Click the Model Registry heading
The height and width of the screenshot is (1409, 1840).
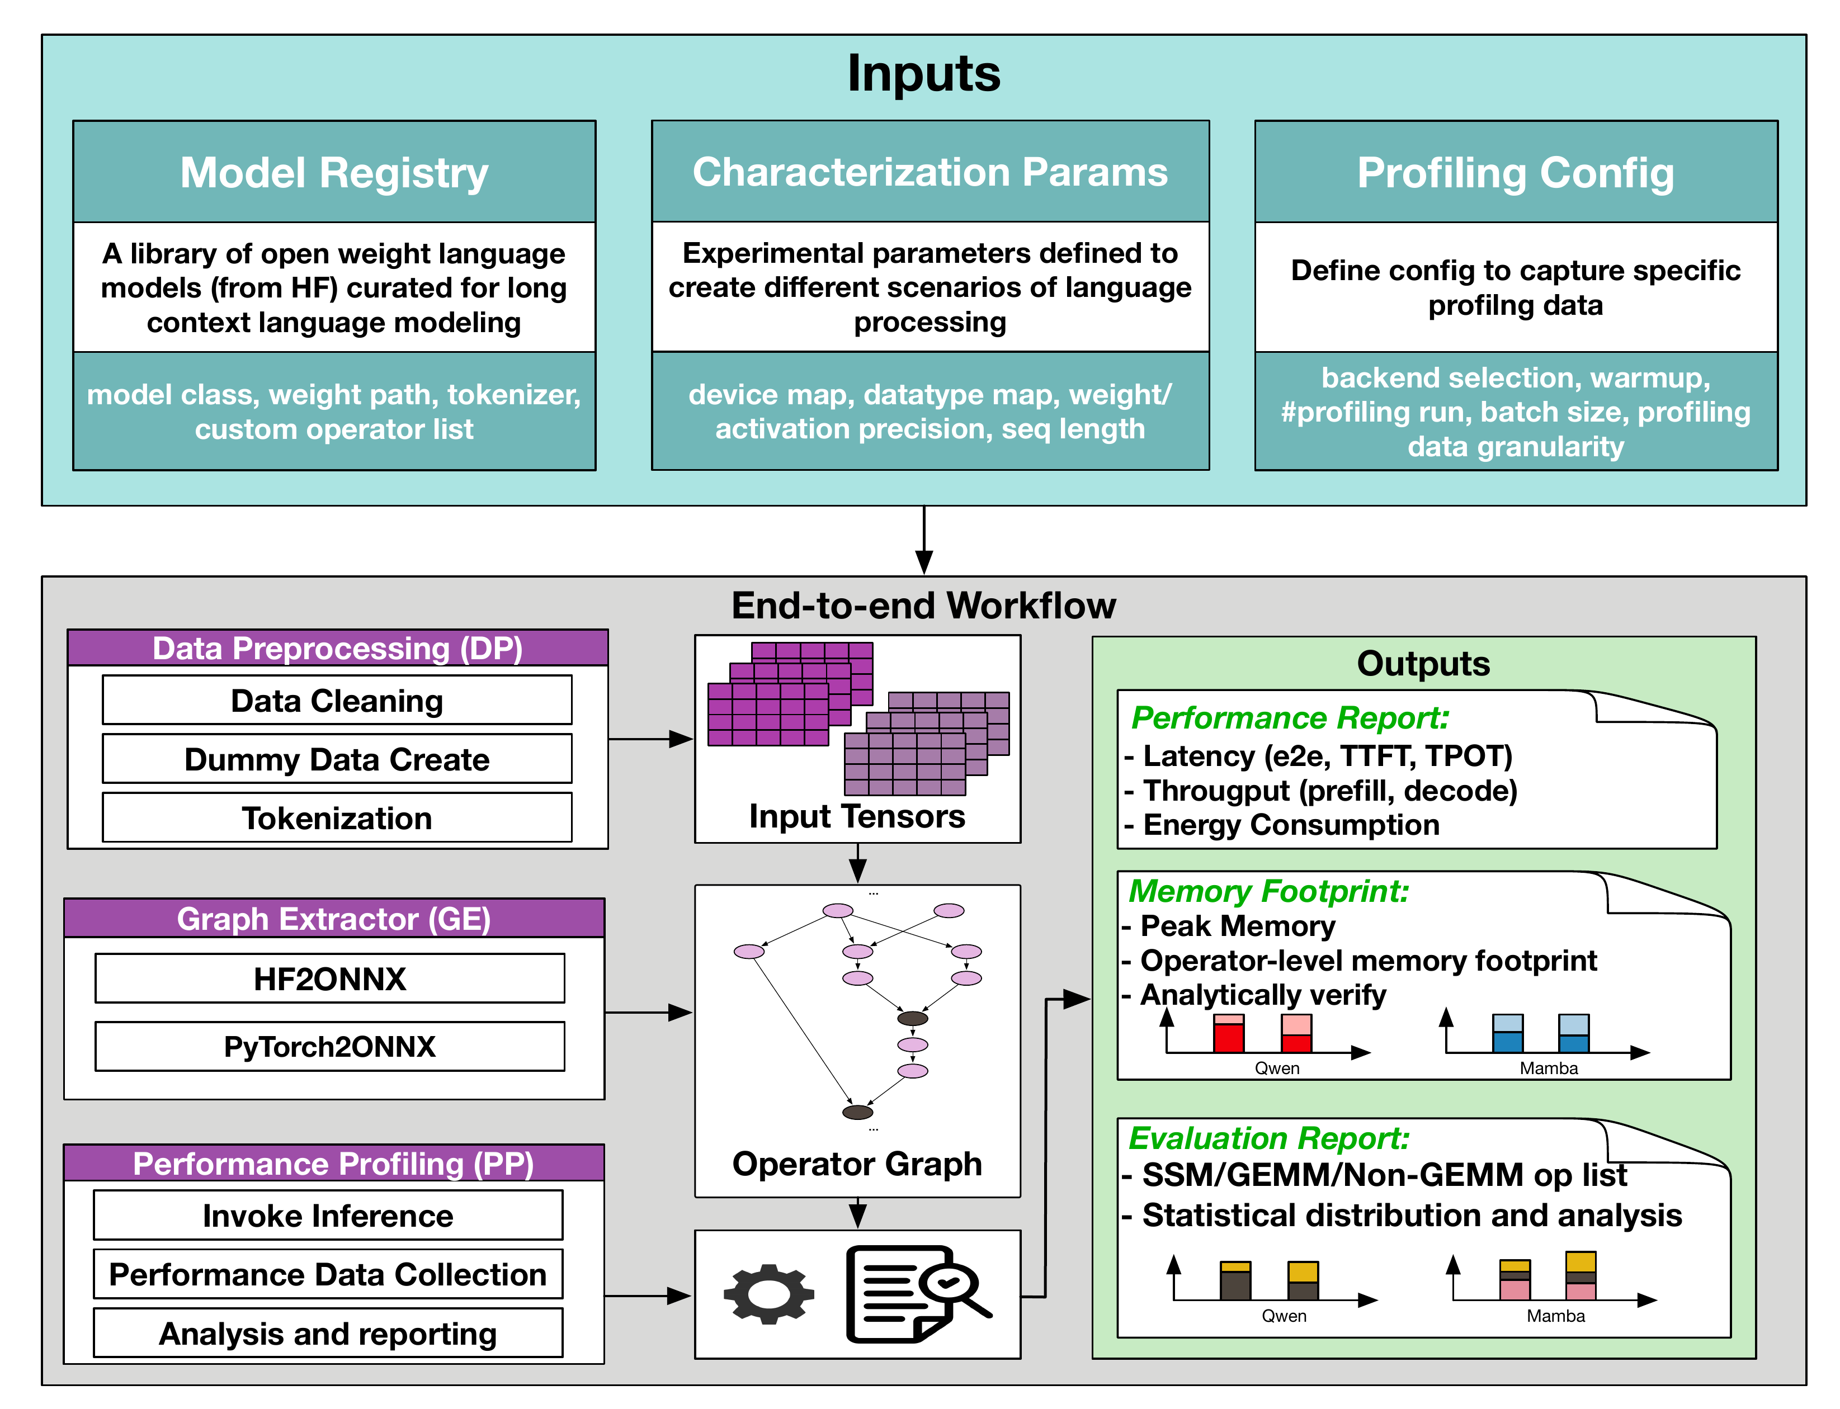click(x=334, y=173)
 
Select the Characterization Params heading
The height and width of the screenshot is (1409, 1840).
click(x=930, y=172)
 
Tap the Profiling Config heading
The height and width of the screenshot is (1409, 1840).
click(x=1515, y=173)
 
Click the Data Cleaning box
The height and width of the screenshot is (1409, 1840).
click(x=337, y=700)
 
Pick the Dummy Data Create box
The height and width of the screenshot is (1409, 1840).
click(x=337, y=759)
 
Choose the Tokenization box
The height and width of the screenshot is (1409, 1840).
click(x=337, y=817)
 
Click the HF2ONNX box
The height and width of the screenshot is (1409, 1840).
click(x=330, y=978)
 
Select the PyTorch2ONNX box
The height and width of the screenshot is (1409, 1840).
click(x=330, y=1046)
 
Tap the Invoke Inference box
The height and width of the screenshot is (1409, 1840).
click(x=328, y=1216)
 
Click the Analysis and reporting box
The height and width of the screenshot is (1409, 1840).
click(x=328, y=1334)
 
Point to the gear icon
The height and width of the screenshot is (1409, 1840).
click(x=768, y=1294)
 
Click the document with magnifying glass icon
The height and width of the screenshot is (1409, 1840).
click(x=914, y=1294)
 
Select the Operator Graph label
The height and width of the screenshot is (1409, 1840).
click(x=857, y=1163)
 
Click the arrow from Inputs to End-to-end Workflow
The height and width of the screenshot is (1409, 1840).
click(x=924, y=541)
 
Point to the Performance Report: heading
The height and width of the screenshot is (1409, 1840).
click(x=1290, y=718)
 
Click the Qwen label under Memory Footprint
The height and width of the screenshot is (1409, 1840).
click(x=1276, y=1068)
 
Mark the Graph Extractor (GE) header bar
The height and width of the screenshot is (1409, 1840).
click(x=334, y=918)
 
